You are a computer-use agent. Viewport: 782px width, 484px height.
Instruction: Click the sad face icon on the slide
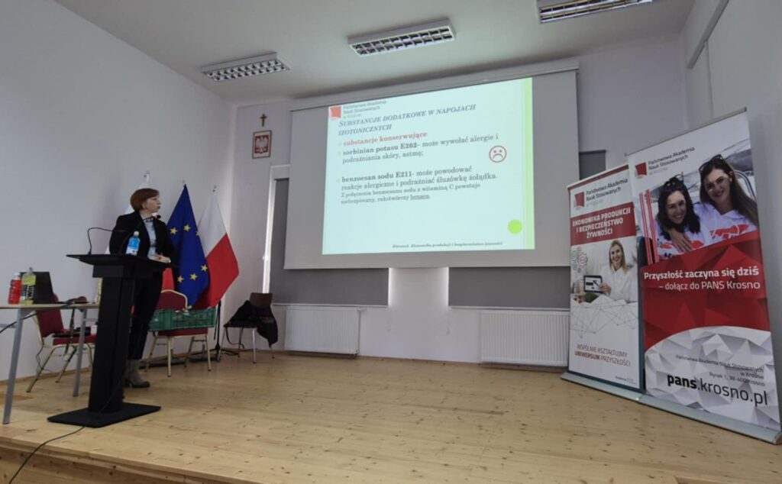[497, 153]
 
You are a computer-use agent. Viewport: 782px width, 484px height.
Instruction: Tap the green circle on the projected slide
[515, 226]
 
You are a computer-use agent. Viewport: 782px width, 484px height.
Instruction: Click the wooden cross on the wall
[263, 121]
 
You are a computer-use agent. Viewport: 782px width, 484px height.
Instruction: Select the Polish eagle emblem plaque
[262, 144]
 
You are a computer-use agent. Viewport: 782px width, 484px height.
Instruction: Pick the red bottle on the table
[15, 289]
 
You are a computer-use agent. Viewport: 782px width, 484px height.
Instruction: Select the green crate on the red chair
[182, 318]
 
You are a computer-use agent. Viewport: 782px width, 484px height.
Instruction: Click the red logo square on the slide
[334, 111]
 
